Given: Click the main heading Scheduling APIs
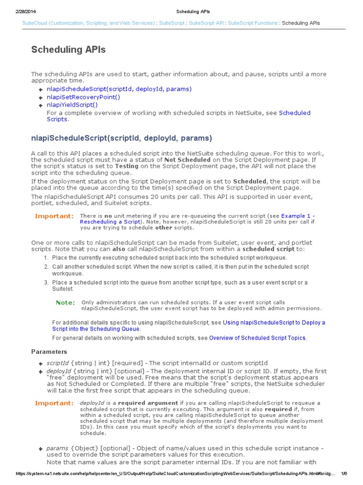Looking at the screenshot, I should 69,50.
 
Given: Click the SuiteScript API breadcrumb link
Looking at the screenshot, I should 206,23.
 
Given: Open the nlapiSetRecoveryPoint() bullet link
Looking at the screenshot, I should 83,97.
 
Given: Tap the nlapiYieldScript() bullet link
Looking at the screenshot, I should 72,105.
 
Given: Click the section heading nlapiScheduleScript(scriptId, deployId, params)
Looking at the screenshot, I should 121,138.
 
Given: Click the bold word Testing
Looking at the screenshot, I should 127,166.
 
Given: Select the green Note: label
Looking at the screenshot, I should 65,302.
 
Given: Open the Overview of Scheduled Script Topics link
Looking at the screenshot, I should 258,338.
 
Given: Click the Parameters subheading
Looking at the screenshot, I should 49,351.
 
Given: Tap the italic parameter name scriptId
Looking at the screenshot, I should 58,363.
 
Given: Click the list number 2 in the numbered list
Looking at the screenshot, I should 46,267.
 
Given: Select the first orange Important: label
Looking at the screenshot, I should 54,216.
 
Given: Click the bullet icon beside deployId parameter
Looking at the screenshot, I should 41,371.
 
